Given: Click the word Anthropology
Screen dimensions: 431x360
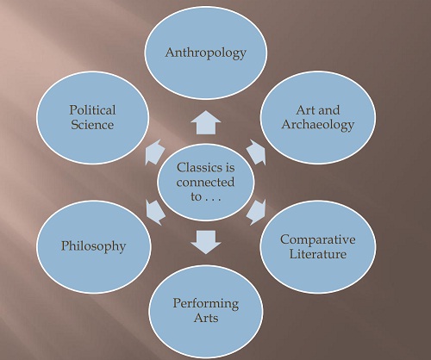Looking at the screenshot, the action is [206, 53].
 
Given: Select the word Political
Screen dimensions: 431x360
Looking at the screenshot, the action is [92, 110].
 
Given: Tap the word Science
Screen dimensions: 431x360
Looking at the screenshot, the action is [92, 125].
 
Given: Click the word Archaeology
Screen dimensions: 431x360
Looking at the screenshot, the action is [318, 125].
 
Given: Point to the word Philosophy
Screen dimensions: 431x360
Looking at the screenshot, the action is [94, 246].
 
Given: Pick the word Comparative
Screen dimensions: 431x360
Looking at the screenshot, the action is [318, 240].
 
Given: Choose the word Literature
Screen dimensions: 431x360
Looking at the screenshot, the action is [318, 254].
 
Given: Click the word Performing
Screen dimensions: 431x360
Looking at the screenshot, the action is [206, 304].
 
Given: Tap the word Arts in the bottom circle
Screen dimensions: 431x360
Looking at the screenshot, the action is [206, 318].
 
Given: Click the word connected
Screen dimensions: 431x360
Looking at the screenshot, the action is [205, 183].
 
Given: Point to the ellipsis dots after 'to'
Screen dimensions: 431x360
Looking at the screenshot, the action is [213, 199].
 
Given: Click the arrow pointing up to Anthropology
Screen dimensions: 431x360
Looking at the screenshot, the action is [206, 122].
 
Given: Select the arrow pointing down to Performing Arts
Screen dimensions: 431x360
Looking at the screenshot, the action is [206, 242].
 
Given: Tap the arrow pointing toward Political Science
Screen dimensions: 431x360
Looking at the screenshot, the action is [155, 152].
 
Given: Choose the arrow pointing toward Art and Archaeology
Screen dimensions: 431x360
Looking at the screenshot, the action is [256, 152].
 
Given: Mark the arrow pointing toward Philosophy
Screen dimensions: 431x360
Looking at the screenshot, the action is [155, 213].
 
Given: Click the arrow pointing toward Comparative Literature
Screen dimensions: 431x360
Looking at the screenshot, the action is [256, 213].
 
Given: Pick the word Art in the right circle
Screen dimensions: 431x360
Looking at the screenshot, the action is [305, 110].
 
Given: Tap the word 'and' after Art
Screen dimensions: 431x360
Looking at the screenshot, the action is [328, 110].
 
